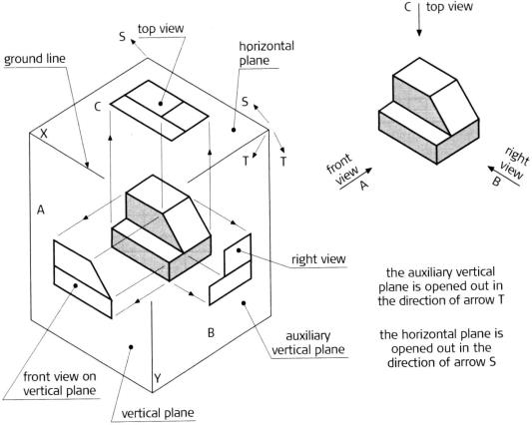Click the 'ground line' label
[x=35, y=59]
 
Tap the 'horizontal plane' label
[x=266, y=53]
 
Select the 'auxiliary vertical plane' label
[x=308, y=343]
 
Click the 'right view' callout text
[x=318, y=259]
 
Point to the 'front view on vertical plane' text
[x=60, y=383]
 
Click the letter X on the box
[x=44, y=134]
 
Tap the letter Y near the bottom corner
[x=157, y=378]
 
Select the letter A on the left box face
[x=41, y=211]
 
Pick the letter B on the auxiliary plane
[x=211, y=333]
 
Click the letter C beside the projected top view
[x=98, y=107]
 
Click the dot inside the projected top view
[x=161, y=103]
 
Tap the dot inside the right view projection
[x=239, y=250]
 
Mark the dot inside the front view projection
[x=75, y=286]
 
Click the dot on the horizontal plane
[x=234, y=130]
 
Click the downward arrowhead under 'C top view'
[x=419, y=33]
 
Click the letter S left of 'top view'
[x=123, y=36]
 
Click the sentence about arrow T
[x=441, y=286]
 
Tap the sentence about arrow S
[x=441, y=348]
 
